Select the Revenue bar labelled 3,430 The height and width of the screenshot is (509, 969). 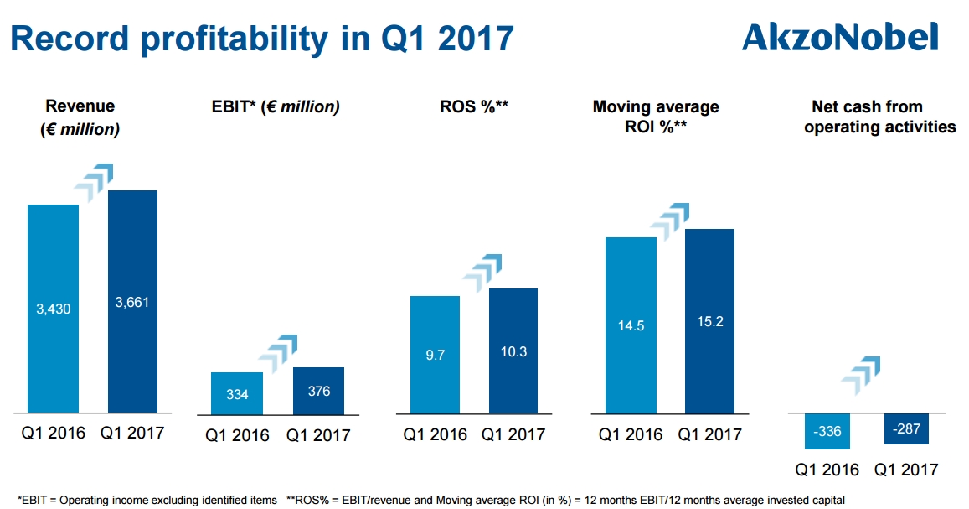click(53, 309)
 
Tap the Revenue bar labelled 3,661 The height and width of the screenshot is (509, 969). click(132, 302)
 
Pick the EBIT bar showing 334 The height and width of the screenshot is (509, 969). click(237, 393)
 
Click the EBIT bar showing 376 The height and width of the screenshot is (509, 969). click(318, 391)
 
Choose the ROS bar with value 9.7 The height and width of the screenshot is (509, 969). click(435, 355)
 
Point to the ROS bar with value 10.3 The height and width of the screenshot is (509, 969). click(513, 351)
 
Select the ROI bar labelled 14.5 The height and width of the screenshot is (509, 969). click(631, 325)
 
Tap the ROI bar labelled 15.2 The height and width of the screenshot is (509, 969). click(709, 322)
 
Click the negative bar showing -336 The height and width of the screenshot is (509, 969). click(827, 431)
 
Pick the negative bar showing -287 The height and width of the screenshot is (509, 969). click(906, 428)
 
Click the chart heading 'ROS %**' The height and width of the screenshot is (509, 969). click(474, 106)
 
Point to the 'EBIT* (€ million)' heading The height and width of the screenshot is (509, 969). click(276, 107)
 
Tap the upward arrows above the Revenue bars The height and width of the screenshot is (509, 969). click(94, 183)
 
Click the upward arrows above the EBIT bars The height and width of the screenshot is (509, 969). click(278, 354)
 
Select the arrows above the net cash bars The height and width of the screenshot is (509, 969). click(860, 376)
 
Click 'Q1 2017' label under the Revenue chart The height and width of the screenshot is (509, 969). click(132, 433)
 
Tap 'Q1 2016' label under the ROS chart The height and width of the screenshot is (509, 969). click(435, 434)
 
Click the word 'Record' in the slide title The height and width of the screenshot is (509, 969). click(70, 39)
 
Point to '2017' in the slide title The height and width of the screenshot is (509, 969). click(476, 39)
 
